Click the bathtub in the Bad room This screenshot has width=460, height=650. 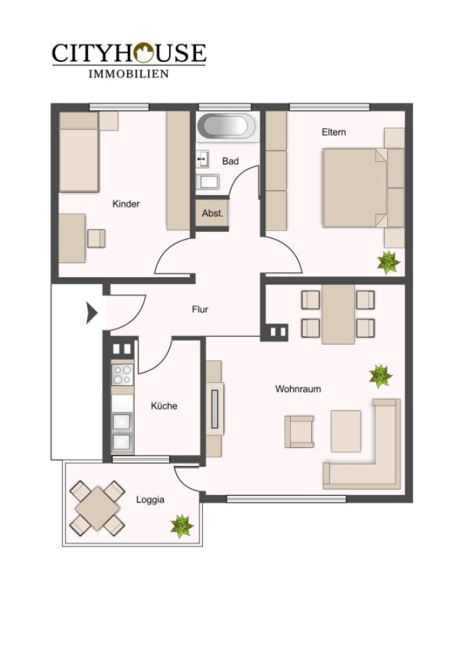(x=228, y=126)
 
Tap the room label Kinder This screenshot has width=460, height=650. (x=126, y=204)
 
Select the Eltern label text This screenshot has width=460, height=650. (x=334, y=132)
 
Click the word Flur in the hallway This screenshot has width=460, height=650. (x=200, y=309)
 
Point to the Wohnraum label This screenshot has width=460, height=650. (x=298, y=389)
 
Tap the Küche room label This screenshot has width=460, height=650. (x=164, y=406)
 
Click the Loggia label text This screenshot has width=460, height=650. (x=150, y=500)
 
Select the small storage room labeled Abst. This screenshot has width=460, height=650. (x=212, y=214)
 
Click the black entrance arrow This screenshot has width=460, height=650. (x=92, y=313)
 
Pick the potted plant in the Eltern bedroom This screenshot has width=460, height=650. (x=388, y=262)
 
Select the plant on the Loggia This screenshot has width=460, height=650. (x=182, y=525)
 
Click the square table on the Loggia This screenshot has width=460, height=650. (x=97, y=508)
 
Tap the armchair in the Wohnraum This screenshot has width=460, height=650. (x=299, y=432)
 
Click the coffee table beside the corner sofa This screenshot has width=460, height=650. (x=346, y=432)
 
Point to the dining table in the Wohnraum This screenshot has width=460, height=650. (x=339, y=314)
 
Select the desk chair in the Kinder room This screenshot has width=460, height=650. (x=96, y=239)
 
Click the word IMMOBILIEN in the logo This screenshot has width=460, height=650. (x=129, y=74)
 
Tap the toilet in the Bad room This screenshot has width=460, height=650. (x=208, y=182)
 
